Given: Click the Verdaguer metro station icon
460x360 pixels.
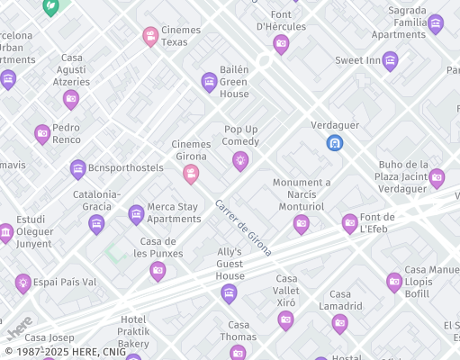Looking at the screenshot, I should [334, 142].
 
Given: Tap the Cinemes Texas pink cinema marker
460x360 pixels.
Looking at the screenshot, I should [150, 36].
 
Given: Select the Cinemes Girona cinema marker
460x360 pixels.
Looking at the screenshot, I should [191, 174].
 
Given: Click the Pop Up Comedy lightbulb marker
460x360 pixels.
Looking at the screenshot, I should [240, 160].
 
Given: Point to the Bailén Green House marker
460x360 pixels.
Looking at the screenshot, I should [209, 83].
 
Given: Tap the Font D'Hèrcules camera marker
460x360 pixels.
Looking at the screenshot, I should [281, 43].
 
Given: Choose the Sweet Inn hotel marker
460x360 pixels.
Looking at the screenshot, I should [390, 60].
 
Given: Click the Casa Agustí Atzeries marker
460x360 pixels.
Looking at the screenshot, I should [71, 99].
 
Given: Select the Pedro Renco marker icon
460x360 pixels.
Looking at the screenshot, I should [42, 134].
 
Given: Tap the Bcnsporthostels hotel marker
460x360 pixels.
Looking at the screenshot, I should [78, 168].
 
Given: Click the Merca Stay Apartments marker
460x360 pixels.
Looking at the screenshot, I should [136, 213].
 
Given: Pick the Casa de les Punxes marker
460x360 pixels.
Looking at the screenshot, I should [158, 271].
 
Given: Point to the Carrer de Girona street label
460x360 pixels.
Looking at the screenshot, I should [243, 228].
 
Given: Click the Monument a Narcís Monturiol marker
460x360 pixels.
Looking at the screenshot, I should [302, 223].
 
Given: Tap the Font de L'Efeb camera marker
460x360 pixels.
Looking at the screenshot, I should [349, 223].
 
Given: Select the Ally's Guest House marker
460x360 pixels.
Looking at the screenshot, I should [230, 292].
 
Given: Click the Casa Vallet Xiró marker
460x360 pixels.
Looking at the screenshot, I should [285, 319].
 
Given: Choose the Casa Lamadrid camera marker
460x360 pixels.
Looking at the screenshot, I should [339, 323].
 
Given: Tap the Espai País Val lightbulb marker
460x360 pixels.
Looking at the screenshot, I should [23, 283].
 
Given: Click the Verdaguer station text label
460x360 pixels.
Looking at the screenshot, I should [335, 124].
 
